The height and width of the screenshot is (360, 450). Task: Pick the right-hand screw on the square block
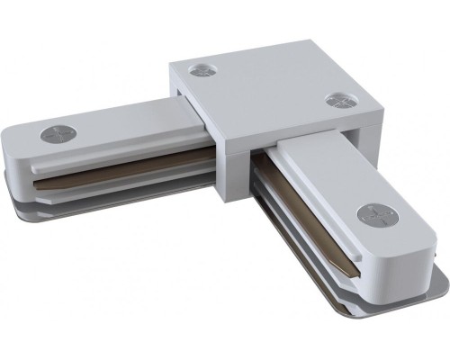[337, 99]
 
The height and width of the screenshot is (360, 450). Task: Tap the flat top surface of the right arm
[333, 180]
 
